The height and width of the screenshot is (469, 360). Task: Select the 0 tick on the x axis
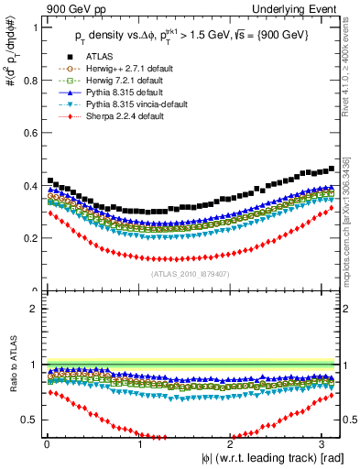47,445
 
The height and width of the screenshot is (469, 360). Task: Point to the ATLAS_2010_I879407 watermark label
191,272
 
